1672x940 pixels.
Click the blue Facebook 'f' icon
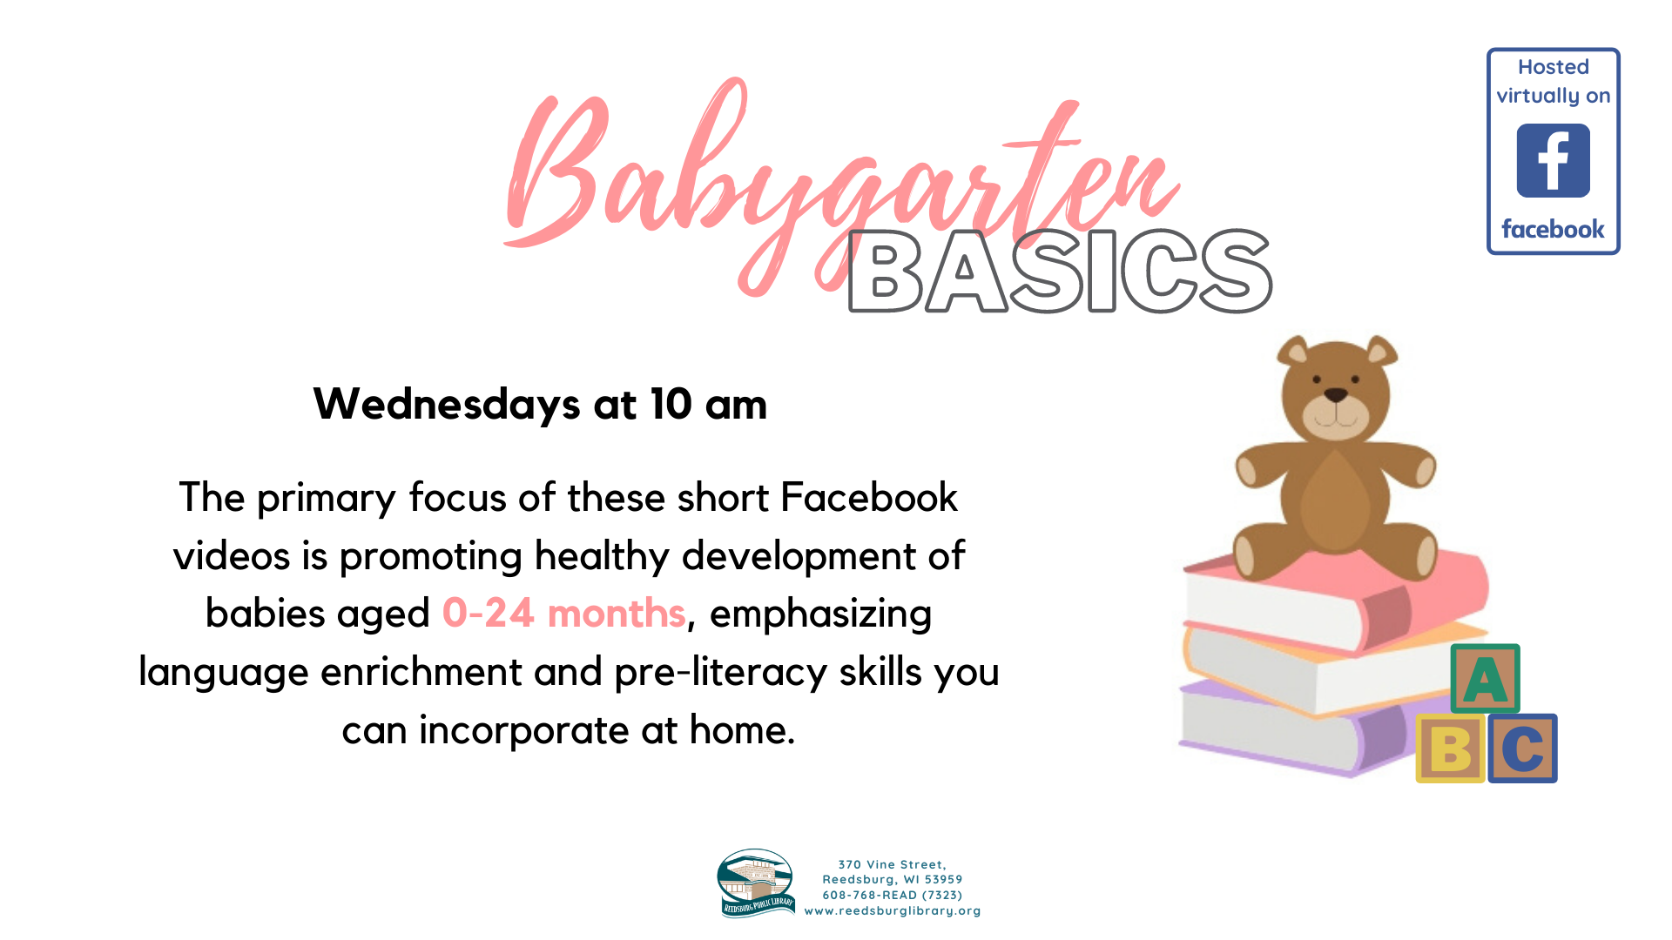pyautogui.click(x=1553, y=160)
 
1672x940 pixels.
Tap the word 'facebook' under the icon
pyautogui.click(x=1553, y=229)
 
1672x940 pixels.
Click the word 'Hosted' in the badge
pyautogui.click(x=1553, y=67)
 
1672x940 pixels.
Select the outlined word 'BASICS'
pyautogui.click(x=1060, y=271)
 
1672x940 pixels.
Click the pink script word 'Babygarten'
pyautogui.click(x=840, y=187)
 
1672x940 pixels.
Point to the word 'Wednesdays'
pyautogui.click(x=447, y=404)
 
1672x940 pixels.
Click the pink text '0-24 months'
pyautogui.click(x=564, y=613)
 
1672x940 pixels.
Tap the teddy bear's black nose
pyautogui.click(x=1336, y=396)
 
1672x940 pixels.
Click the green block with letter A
pyautogui.click(x=1485, y=679)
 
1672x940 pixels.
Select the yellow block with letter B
pyautogui.click(x=1450, y=749)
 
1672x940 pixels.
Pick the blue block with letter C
pyautogui.click(x=1522, y=749)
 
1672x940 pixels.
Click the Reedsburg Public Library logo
pyautogui.click(x=756, y=883)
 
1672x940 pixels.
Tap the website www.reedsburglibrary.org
pyautogui.click(x=893, y=910)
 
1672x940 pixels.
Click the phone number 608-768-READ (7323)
pyautogui.click(x=893, y=895)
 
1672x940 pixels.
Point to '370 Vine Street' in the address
pyautogui.click(x=890, y=864)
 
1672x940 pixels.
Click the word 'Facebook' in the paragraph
pyautogui.click(x=869, y=497)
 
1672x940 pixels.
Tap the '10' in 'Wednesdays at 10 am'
pyautogui.click(x=671, y=404)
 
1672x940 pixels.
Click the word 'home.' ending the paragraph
pyautogui.click(x=742, y=729)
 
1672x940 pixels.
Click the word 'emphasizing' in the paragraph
pyautogui.click(x=820, y=614)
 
